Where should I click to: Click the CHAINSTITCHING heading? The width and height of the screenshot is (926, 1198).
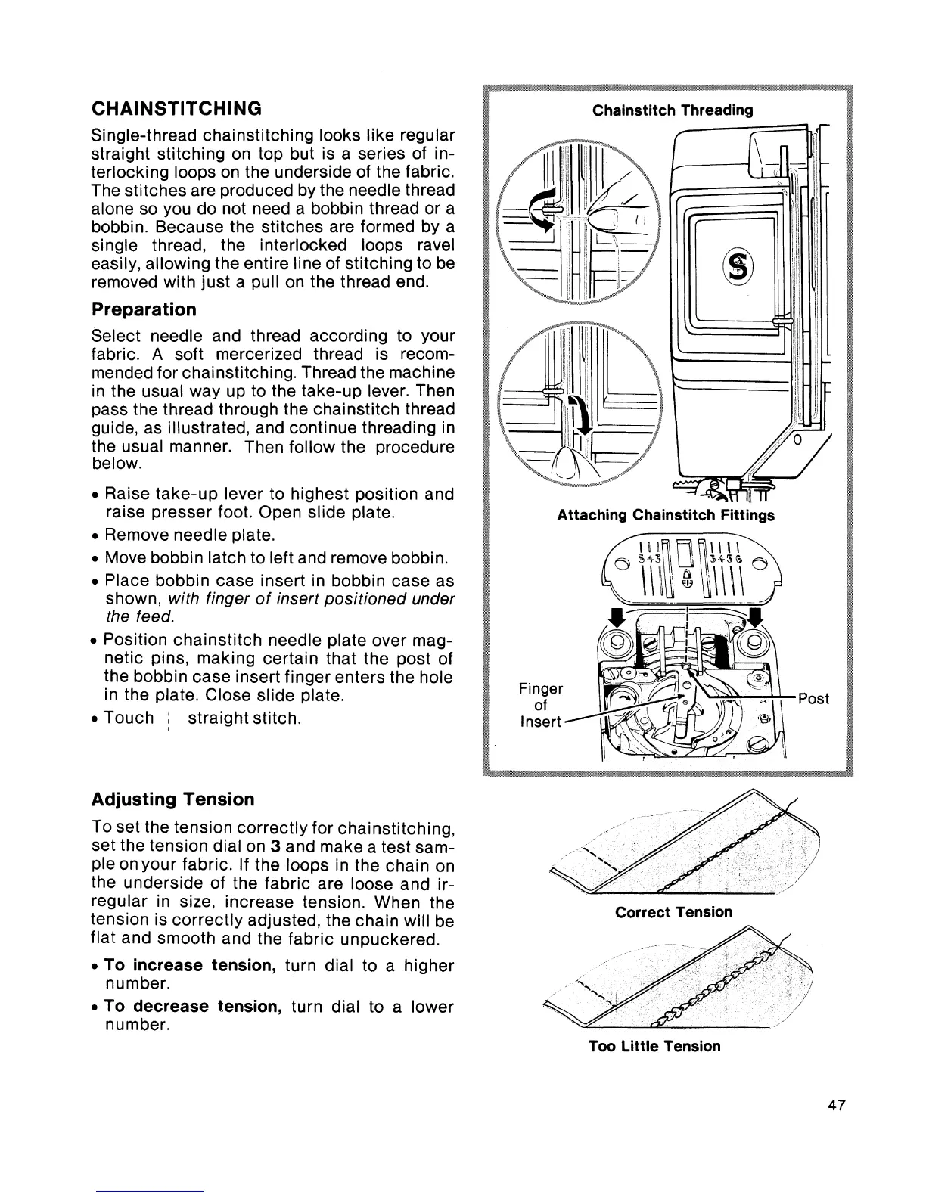(x=176, y=108)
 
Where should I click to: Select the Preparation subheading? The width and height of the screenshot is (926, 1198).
(x=143, y=309)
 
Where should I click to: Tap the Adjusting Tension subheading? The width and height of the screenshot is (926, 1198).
(x=172, y=799)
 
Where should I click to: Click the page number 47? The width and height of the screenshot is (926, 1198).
(x=835, y=1105)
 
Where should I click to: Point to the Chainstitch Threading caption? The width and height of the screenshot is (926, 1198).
(x=673, y=110)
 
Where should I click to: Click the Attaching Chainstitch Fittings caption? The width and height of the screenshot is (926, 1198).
(x=666, y=516)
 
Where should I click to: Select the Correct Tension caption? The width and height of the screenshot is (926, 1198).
(x=673, y=912)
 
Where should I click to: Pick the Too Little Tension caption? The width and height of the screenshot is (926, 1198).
(x=654, y=1046)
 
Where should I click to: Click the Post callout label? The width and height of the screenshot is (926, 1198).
(x=813, y=699)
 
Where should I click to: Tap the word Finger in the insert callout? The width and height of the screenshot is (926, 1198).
(x=541, y=689)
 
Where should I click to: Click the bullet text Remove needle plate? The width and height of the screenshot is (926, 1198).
(x=188, y=535)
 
